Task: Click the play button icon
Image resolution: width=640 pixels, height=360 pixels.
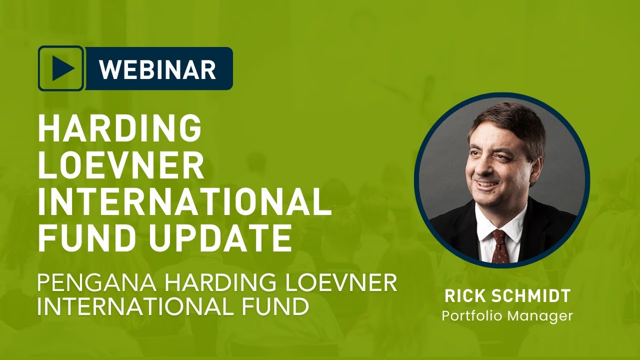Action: coord(61,68)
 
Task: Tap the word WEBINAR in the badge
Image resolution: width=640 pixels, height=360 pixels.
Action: coord(157,69)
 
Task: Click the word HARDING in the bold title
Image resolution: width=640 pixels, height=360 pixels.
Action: coord(120,128)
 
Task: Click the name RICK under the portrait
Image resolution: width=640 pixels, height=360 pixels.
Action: coord(462,296)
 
